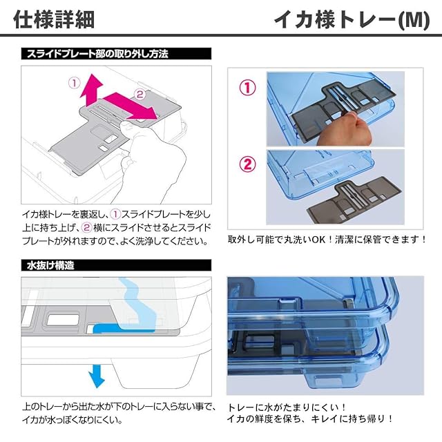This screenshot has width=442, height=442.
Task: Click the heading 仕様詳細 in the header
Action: pos(54,19)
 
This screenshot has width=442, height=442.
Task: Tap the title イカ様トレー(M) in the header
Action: pos(352,20)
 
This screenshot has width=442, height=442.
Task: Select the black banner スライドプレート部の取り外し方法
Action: pos(116,54)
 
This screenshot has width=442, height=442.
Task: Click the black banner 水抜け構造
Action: pos(116,265)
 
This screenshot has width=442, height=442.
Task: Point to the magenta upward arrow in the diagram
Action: pos(90,90)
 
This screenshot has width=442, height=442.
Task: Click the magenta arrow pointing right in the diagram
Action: pos(130,106)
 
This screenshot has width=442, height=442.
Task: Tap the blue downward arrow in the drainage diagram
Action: pos(97,376)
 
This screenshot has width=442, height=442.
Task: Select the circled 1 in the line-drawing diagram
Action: pos(75,83)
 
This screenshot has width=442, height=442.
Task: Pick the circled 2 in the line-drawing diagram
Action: pos(140,94)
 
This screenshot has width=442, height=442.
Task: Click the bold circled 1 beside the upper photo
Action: pos(247,88)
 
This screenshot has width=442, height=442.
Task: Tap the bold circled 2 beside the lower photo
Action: pos(247,164)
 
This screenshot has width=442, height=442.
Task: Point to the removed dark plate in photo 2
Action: pos(354,200)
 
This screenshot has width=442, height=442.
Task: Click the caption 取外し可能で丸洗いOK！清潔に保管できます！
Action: pos(327,240)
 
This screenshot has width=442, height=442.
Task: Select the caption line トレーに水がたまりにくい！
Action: pos(287,407)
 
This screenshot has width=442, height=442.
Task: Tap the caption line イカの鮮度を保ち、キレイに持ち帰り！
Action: pos(310,419)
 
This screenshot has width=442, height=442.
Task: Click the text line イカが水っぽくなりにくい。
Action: pos(73,420)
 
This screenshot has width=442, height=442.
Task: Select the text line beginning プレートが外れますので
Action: pos(115,241)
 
